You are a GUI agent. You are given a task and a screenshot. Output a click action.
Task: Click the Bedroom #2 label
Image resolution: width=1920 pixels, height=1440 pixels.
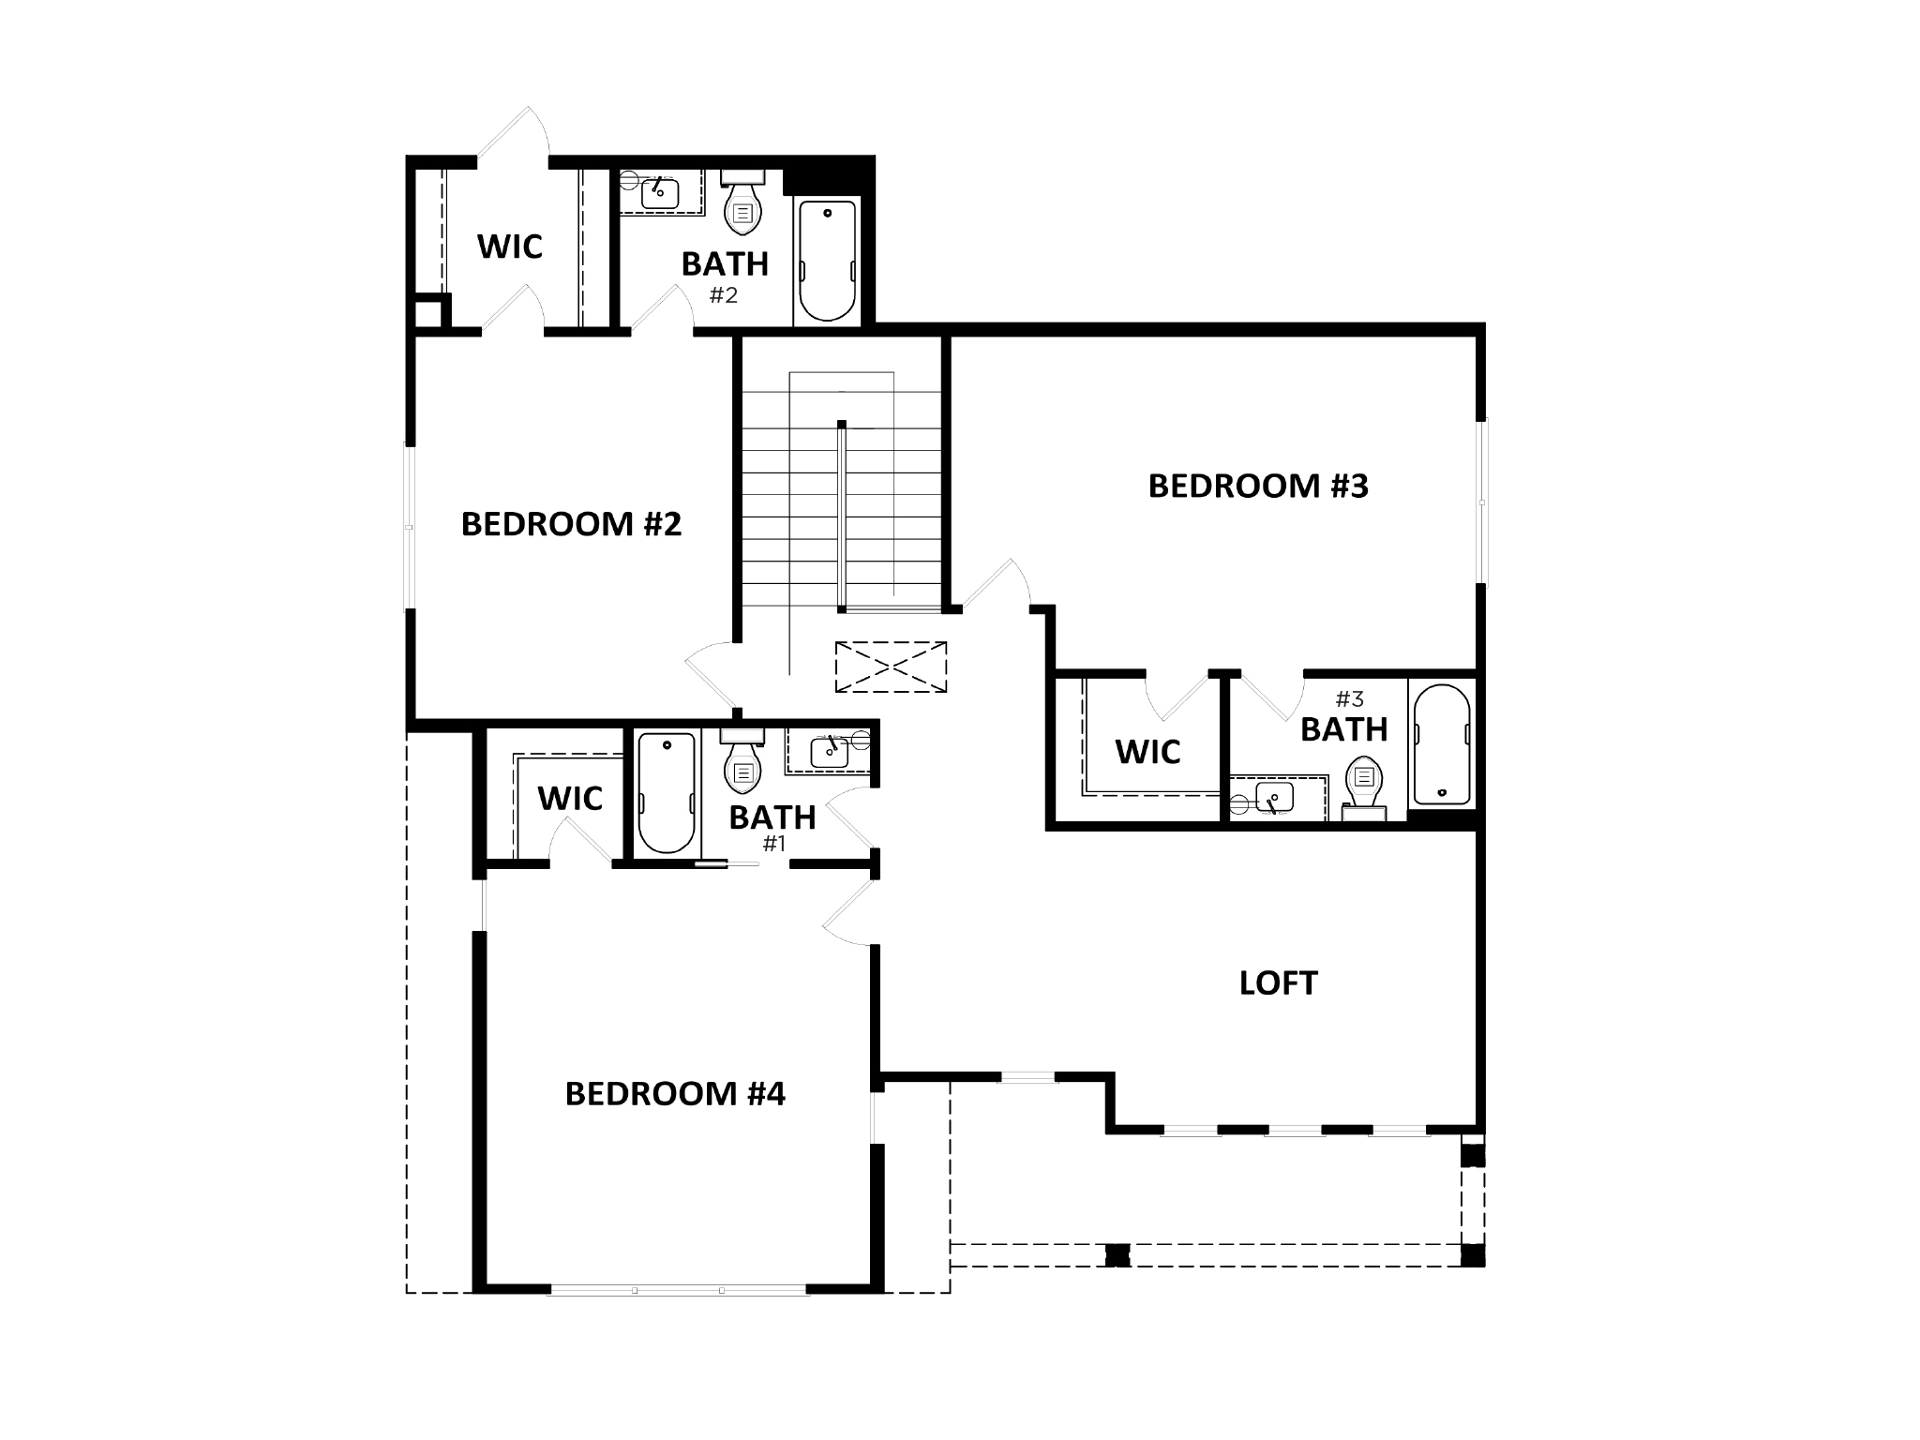click(x=571, y=524)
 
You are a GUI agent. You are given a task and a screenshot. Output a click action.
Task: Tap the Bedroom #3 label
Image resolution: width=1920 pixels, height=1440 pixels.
click(x=1258, y=486)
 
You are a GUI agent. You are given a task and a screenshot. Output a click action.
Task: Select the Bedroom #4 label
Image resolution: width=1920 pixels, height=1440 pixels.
click(x=675, y=1093)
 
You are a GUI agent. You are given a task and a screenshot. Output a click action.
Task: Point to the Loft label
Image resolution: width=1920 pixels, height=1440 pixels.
click(x=1278, y=982)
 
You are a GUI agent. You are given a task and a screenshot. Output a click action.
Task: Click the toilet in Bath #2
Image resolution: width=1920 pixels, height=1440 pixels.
click(x=743, y=203)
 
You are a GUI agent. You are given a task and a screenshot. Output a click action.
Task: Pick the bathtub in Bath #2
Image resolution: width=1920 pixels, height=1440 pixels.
click(x=827, y=260)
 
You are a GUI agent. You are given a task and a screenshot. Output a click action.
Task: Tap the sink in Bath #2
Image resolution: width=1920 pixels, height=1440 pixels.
click(x=660, y=193)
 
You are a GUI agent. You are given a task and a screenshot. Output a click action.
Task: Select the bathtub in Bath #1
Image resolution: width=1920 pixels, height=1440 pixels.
click(x=667, y=792)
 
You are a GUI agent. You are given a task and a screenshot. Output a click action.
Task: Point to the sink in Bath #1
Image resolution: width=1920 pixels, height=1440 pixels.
click(x=830, y=751)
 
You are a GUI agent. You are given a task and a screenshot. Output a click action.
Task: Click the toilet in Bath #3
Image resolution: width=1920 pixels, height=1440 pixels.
click(x=1365, y=786)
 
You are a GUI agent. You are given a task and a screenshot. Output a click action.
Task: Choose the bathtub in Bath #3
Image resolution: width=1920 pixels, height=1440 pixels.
click(x=1442, y=745)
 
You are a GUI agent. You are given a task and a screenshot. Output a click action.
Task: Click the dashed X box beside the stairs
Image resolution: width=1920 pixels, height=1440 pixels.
click(x=891, y=667)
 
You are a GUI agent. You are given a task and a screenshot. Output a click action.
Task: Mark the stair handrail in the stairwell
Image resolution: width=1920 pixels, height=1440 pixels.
click(x=842, y=517)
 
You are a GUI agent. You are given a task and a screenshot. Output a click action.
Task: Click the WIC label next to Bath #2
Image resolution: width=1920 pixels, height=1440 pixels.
click(x=509, y=247)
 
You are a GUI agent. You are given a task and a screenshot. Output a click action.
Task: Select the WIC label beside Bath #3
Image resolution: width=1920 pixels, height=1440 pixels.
click(x=1147, y=752)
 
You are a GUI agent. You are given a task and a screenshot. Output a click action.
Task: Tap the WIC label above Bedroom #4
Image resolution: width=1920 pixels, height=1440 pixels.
click(x=569, y=799)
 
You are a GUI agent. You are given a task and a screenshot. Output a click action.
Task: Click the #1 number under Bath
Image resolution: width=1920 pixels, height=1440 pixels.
click(x=772, y=844)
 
